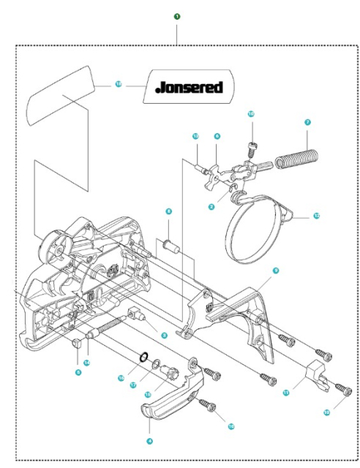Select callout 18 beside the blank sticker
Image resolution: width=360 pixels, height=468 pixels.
point(119,84)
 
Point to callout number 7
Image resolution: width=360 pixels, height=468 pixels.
point(307,123)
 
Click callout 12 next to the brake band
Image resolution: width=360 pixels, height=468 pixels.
point(316,216)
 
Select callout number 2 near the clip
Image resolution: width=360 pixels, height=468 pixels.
point(211,207)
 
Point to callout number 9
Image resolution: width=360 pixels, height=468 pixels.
point(276,271)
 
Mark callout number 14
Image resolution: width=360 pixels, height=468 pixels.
point(86,363)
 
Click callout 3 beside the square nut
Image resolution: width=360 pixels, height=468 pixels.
point(165,336)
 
